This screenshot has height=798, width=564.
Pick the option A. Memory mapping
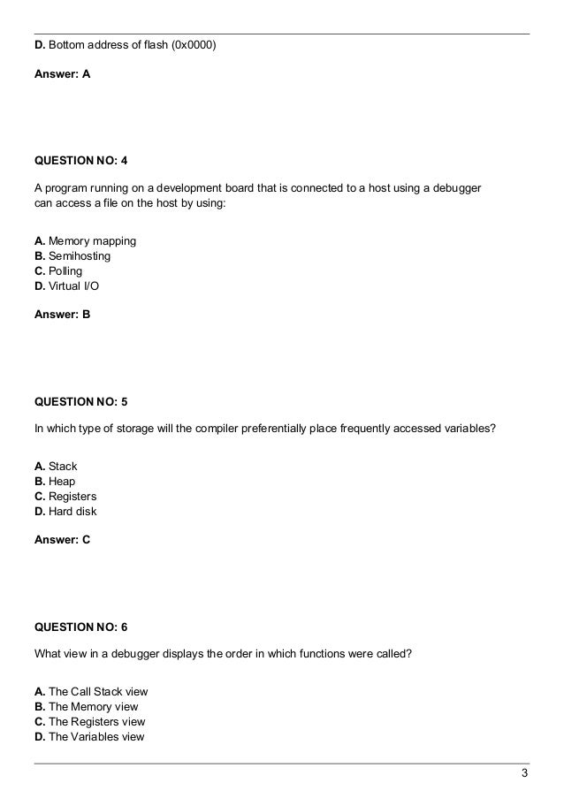(x=85, y=241)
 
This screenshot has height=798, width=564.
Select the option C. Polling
(x=62, y=271)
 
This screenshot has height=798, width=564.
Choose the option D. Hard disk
(x=65, y=512)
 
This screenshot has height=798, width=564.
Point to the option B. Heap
(x=55, y=482)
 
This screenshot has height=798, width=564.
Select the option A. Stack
(x=56, y=467)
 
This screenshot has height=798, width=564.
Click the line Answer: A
(x=62, y=75)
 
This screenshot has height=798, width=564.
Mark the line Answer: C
(x=62, y=539)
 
